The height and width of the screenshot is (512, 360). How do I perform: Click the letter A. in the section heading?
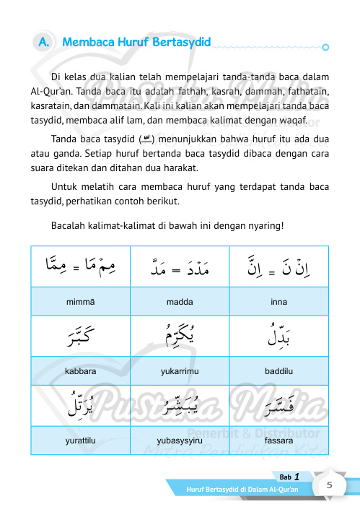point(43,43)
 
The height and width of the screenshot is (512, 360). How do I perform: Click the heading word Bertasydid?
point(181,43)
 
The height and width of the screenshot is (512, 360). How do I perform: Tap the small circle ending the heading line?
point(326,48)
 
